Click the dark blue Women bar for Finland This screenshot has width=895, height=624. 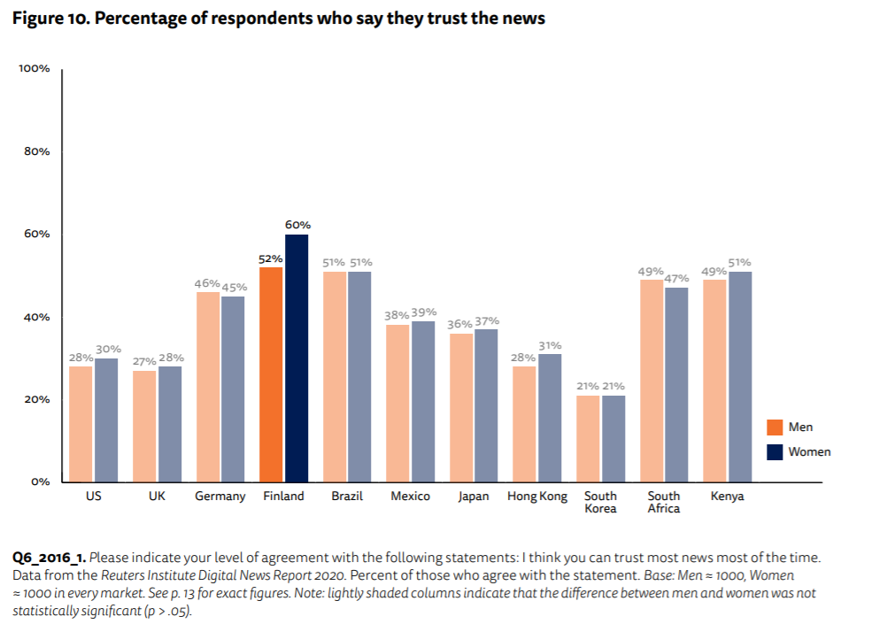(x=297, y=358)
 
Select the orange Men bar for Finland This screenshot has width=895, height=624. (x=271, y=374)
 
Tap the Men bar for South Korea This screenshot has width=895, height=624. (x=589, y=438)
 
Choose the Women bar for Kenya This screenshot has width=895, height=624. (x=740, y=376)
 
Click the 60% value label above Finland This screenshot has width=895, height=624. (x=297, y=226)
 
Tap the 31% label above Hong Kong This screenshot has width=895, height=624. (x=550, y=345)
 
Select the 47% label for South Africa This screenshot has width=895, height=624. (x=676, y=278)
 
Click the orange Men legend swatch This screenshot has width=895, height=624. (x=775, y=428)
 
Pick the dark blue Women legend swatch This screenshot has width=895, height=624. (x=775, y=451)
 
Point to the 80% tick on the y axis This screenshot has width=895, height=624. (x=36, y=151)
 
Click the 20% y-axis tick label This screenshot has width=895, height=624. (x=36, y=399)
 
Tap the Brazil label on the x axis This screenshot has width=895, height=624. (x=347, y=497)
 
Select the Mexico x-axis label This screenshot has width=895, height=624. (x=411, y=497)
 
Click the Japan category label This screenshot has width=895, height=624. (x=474, y=497)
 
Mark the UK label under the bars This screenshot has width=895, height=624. (x=157, y=497)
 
